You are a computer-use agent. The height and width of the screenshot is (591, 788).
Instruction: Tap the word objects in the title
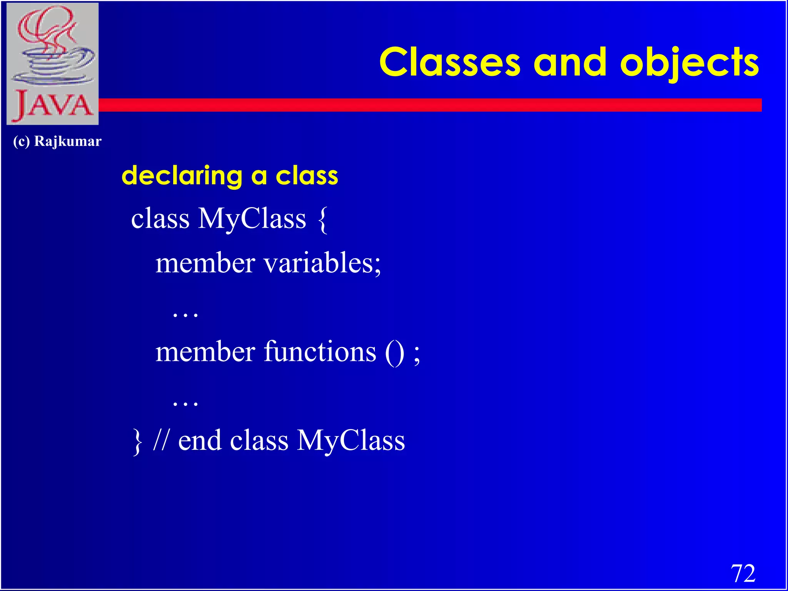689,63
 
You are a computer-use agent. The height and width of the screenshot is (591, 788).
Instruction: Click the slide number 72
743,574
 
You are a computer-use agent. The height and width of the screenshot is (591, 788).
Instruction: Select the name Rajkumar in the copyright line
68,141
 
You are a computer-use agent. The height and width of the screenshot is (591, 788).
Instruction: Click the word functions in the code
319,352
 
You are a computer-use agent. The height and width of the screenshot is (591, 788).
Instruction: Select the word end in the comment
200,441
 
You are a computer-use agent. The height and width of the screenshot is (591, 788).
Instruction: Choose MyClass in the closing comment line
351,441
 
